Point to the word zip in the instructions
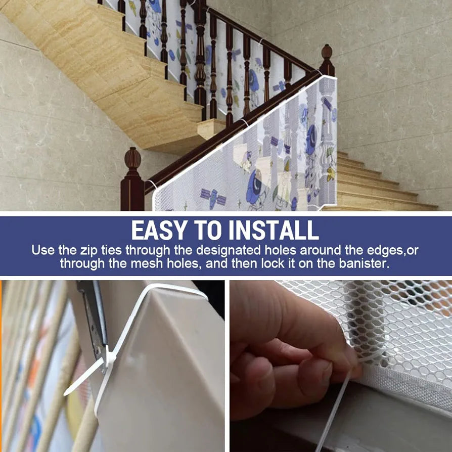click(89, 250)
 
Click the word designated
click(229, 250)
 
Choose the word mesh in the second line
click(147, 263)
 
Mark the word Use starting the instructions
click(43, 250)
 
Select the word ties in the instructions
click(111, 250)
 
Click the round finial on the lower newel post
click(132, 158)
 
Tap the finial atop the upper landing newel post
click(327, 52)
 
